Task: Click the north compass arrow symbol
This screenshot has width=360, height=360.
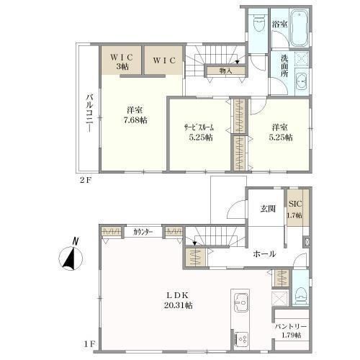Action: pyautogui.click(x=71, y=257)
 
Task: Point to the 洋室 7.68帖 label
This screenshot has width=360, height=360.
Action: pyautogui.click(x=134, y=114)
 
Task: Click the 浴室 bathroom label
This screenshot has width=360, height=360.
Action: pyautogui.click(x=279, y=24)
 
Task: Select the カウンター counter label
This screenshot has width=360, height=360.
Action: pyautogui.click(x=143, y=231)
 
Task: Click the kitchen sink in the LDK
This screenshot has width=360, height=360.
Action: pyautogui.click(x=240, y=302)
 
